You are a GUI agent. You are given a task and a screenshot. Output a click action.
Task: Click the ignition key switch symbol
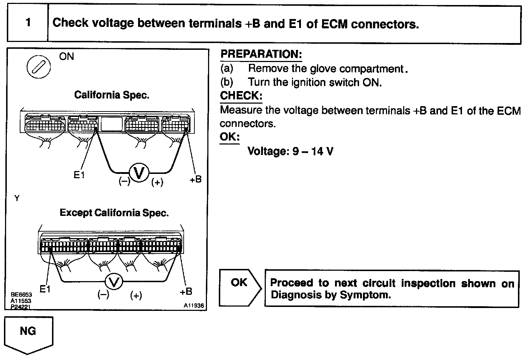[39, 67]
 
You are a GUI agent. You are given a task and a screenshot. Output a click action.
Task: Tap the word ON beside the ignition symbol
[66, 57]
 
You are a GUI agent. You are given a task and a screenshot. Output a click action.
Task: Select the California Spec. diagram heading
[112, 95]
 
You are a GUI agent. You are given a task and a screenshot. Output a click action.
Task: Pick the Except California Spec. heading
[114, 213]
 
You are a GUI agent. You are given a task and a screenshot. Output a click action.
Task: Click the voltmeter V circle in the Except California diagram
[114, 282]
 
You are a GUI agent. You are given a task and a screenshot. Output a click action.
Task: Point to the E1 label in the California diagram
[79, 175]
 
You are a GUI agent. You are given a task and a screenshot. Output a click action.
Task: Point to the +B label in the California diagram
[195, 179]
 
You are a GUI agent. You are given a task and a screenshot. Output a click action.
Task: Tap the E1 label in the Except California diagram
[45, 289]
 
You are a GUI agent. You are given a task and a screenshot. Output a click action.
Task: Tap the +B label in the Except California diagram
[186, 292]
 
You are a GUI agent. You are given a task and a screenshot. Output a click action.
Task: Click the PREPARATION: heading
[261, 55]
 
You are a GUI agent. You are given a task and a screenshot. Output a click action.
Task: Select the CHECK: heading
[241, 96]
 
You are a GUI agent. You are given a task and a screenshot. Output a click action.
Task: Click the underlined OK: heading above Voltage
[229, 137]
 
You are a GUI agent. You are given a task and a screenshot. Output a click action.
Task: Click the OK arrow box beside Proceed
[240, 288]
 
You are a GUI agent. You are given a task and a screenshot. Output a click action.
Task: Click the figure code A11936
[194, 306]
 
